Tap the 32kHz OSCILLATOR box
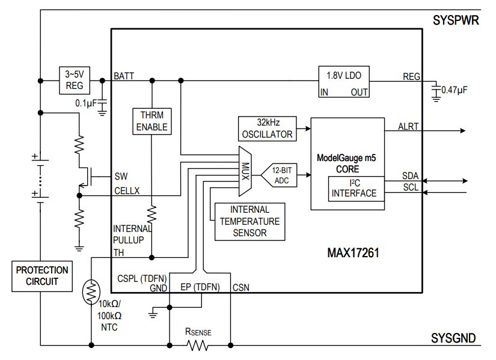click(x=267, y=128)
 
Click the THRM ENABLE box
click(x=152, y=121)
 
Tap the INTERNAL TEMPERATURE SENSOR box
click(x=250, y=221)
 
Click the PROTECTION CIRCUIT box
click(x=42, y=275)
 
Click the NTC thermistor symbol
click(x=92, y=292)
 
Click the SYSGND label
click(x=455, y=338)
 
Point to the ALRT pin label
click(x=409, y=126)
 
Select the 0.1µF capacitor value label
click(x=87, y=103)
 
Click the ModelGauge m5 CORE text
click(x=346, y=163)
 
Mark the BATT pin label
click(x=124, y=76)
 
